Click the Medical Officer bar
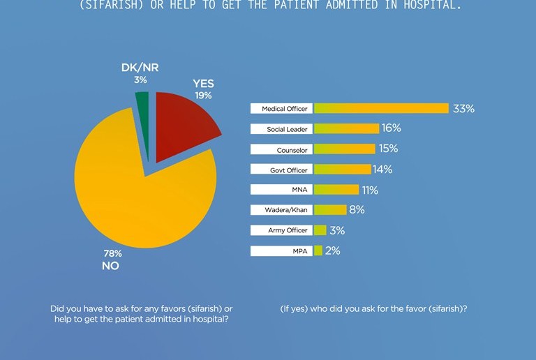381,108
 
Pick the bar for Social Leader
347,129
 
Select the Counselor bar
345,149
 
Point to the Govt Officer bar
343,169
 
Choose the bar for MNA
336,189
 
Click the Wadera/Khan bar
330,210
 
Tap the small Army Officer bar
320,230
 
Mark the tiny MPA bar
318,250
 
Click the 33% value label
463,109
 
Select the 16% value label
392,128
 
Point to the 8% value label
357,209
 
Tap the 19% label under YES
203,96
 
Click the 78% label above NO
113,253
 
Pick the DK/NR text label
140,68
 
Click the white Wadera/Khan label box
281,210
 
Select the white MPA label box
281,250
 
